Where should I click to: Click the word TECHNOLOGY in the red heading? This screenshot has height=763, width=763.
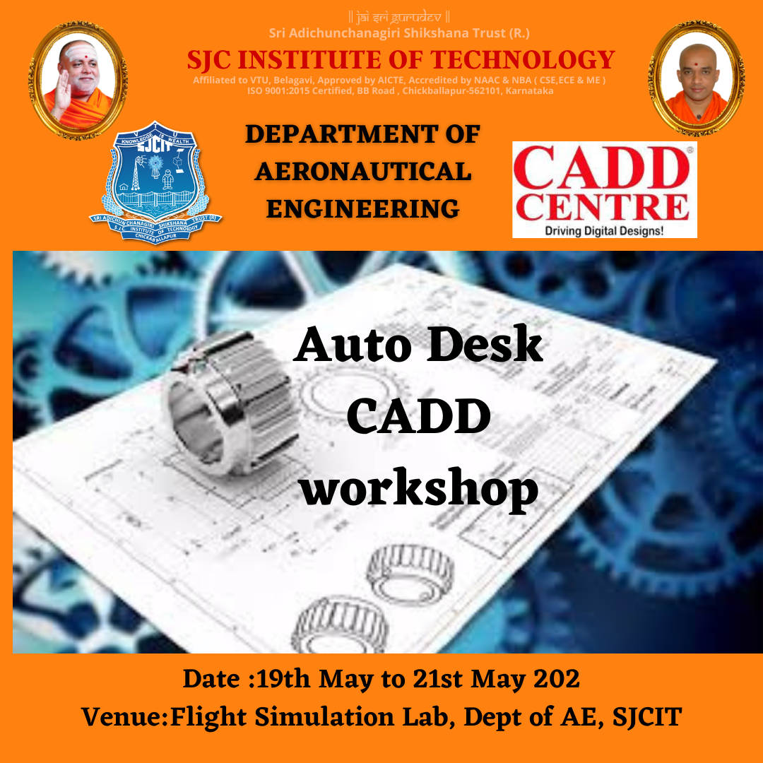pyautogui.click(x=521, y=59)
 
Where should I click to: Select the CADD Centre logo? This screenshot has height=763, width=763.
pyautogui.click(x=604, y=189)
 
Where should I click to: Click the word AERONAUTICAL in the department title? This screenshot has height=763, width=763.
pyautogui.click(x=363, y=171)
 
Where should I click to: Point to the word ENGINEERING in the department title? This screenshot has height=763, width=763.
pyautogui.click(x=363, y=208)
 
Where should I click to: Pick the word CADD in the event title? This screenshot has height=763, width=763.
pyautogui.click(x=418, y=417)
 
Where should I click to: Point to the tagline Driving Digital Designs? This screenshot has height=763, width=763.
pyautogui.click(x=604, y=230)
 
